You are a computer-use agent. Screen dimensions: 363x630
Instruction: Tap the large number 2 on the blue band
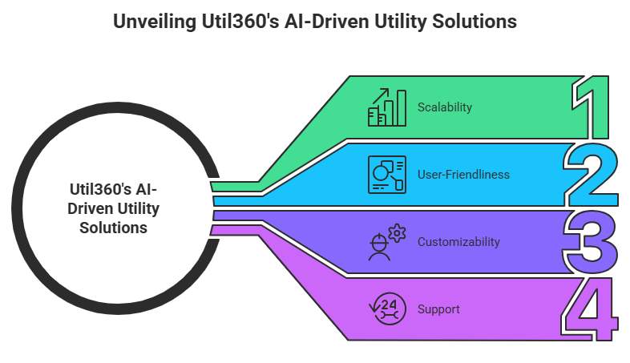pyautogui.click(x=590, y=175)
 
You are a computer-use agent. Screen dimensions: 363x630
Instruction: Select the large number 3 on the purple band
pyautogui.click(x=592, y=240)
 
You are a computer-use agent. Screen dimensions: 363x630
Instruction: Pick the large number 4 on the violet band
pyautogui.click(x=592, y=309)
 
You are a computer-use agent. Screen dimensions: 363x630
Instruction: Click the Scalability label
pyautogui.click(x=445, y=107)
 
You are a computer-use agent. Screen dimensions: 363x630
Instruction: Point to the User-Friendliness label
pyautogui.click(x=463, y=174)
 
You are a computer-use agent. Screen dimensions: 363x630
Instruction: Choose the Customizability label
pyautogui.click(x=458, y=241)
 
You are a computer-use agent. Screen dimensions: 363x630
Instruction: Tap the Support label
pyautogui.click(x=438, y=309)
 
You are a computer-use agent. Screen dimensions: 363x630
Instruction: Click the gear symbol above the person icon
pyautogui.click(x=397, y=232)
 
